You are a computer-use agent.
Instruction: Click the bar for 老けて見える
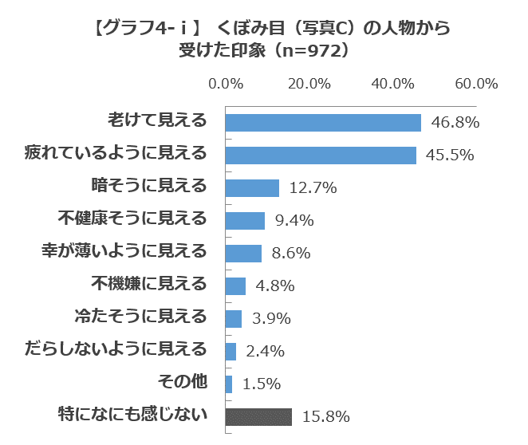(323, 122)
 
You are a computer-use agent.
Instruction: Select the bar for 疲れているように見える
(321, 155)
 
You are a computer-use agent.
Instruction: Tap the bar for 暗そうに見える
(252, 187)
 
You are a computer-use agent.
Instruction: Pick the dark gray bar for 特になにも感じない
(258, 416)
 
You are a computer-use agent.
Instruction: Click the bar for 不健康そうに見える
(245, 220)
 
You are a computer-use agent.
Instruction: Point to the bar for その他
(229, 384)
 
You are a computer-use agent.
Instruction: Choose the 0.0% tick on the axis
(226, 84)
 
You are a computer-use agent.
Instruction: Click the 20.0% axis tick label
(309, 84)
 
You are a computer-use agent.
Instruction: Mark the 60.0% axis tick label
(476, 84)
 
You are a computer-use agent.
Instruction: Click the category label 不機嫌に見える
(148, 284)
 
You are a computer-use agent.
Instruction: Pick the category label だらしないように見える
(116, 349)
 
